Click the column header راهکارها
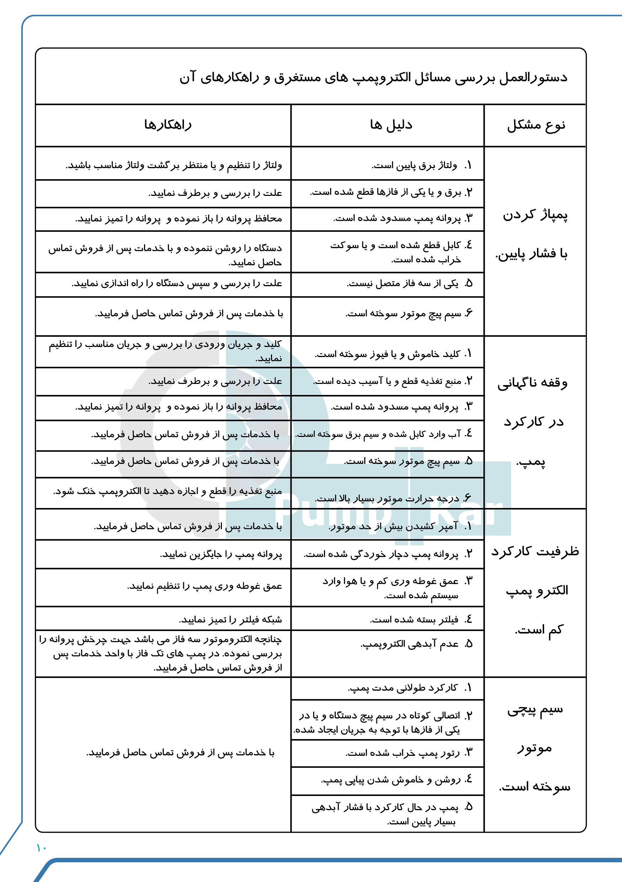click(168, 125)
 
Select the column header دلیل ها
click(391, 125)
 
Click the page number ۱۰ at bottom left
click(41, 848)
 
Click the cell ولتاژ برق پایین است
click(414, 166)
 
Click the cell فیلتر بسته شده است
click(414, 620)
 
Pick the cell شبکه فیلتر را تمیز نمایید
click(230, 620)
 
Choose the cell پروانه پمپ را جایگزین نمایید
click(221, 555)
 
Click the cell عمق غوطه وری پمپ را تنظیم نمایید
click(205, 587)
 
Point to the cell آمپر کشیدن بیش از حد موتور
click(393, 526)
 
